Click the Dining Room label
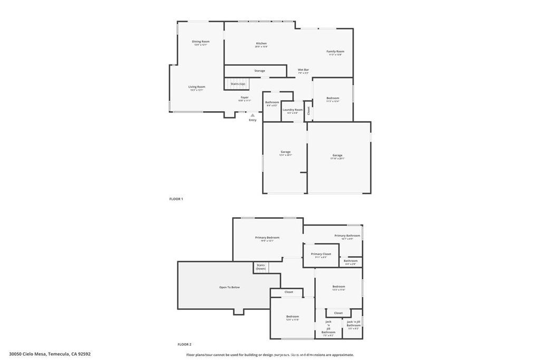[x=200, y=42]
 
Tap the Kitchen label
[x=261, y=44]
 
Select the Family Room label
[x=335, y=52]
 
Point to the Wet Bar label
[x=303, y=70]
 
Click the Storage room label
[x=259, y=71]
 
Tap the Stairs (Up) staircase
[x=238, y=84]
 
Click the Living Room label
[x=197, y=87]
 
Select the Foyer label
[x=245, y=98]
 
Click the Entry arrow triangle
[x=253, y=115]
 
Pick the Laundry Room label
[x=293, y=110]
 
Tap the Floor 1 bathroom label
[x=272, y=102]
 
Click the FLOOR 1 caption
[x=176, y=199]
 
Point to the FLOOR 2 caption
[x=184, y=344]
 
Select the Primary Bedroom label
[x=267, y=238]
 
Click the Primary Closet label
[x=321, y=254]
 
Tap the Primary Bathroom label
[x=347, y=236]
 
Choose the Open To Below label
[x=229, y=287]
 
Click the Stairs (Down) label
[x=261, y=267]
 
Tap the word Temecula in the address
[x=59, y=354]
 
